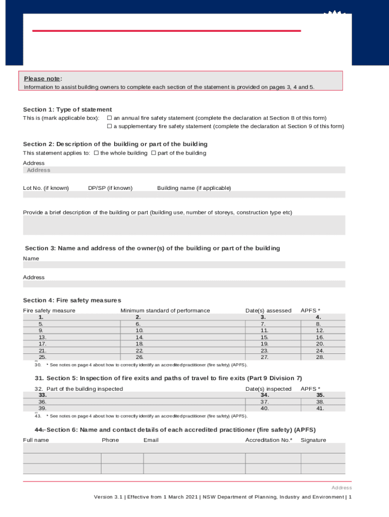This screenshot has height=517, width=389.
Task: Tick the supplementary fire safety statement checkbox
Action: tap(109, 127)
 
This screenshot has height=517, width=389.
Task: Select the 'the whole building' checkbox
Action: tap(96, 153)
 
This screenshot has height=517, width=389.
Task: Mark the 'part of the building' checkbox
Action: tap(154, 153)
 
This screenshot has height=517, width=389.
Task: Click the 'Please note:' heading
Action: tap(42, 79)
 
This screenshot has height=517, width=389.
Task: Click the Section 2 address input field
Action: tap(184, 170)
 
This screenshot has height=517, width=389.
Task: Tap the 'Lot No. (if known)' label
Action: tap(46, 188)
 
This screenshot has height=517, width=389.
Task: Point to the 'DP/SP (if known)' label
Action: tap(110, 188)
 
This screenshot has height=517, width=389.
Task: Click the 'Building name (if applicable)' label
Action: tap(194, 188)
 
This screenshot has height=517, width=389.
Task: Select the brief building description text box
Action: tap(184, 225)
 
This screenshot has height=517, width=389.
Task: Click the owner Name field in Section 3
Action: tap(184, 265)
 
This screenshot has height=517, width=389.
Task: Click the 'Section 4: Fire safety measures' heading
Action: tap(72, 300)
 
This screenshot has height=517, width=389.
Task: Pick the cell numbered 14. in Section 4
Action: tap(139, 337)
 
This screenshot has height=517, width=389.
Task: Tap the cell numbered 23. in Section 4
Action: tap(264, 350)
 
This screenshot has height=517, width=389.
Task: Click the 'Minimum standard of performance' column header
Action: tap(165, 311)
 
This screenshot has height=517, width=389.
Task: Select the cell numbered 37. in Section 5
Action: tap(264, 402)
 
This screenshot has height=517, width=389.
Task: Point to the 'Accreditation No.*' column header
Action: tap(268, 440)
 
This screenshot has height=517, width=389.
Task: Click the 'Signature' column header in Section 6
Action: tap(313, 440)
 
